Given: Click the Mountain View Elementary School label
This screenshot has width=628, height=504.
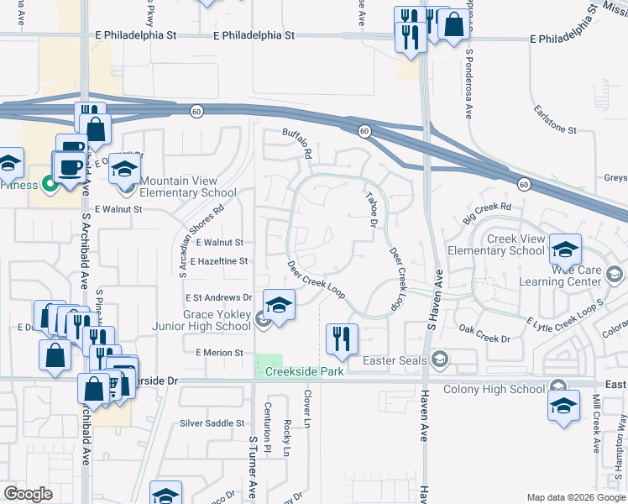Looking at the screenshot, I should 178,186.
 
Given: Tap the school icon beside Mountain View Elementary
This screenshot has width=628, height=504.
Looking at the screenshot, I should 124,172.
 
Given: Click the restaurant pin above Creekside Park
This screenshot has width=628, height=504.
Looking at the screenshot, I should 342,339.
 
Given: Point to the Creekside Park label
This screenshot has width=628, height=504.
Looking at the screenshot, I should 305,371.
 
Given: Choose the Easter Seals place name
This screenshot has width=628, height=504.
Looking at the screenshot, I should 395,361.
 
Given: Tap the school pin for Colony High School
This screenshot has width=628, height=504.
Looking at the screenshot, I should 563,407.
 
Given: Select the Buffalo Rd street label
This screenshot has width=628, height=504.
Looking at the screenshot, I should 297,144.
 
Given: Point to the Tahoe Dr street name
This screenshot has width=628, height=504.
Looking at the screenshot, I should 371,209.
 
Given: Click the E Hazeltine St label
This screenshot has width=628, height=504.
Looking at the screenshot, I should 218,262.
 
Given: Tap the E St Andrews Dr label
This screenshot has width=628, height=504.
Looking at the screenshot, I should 218,297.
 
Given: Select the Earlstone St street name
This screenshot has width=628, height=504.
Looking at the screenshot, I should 554,131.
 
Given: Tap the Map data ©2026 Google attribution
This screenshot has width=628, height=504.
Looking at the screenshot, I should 574,496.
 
